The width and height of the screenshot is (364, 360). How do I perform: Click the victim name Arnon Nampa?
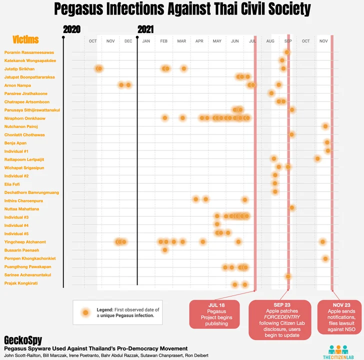point(17,85)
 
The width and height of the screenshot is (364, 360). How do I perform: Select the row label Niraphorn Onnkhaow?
point(25,118)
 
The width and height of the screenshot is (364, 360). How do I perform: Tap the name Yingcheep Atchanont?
point(25,242)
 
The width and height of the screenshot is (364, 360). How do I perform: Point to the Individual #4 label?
point(16,225)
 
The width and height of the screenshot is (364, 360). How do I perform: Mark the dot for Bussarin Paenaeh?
point(165,249)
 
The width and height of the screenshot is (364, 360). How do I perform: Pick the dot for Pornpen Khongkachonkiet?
point(325,258)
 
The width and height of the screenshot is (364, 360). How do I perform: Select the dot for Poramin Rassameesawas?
point(287,52)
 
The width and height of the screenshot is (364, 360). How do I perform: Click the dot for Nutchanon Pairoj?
point(325,126)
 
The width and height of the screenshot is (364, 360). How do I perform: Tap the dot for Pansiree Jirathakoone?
point(271,93)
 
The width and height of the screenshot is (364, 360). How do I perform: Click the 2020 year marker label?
point(72,29)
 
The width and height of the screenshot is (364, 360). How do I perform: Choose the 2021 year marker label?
point(145,29)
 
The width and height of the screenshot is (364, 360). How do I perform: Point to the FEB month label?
point(164,41)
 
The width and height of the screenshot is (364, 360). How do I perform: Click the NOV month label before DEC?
point(110,41)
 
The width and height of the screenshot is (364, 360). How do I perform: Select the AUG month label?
point(270,41)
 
